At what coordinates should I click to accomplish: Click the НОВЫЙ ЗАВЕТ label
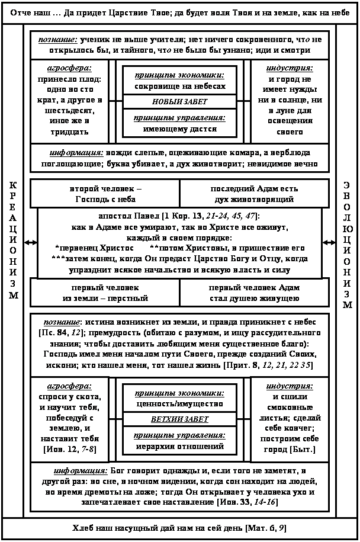tap(179, 101)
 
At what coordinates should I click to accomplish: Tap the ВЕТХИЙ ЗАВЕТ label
tap(179, 419)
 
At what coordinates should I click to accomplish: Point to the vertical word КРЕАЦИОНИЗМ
tap(13, 240)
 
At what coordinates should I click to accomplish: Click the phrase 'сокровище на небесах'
tap(179, 86)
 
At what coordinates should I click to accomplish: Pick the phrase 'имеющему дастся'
tap(179, 128)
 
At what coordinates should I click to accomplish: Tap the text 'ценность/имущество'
tap(179, 403)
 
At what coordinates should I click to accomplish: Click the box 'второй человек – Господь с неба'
tap(105, 194)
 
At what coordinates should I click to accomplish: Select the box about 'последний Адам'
tap(254, 194)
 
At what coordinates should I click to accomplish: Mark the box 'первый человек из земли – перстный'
tap(105, 293)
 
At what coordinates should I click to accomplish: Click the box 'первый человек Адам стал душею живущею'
tap(254, 293)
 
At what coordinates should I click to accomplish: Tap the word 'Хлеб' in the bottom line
tap(82, 527)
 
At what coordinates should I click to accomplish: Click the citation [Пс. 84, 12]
tap(60, 333)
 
